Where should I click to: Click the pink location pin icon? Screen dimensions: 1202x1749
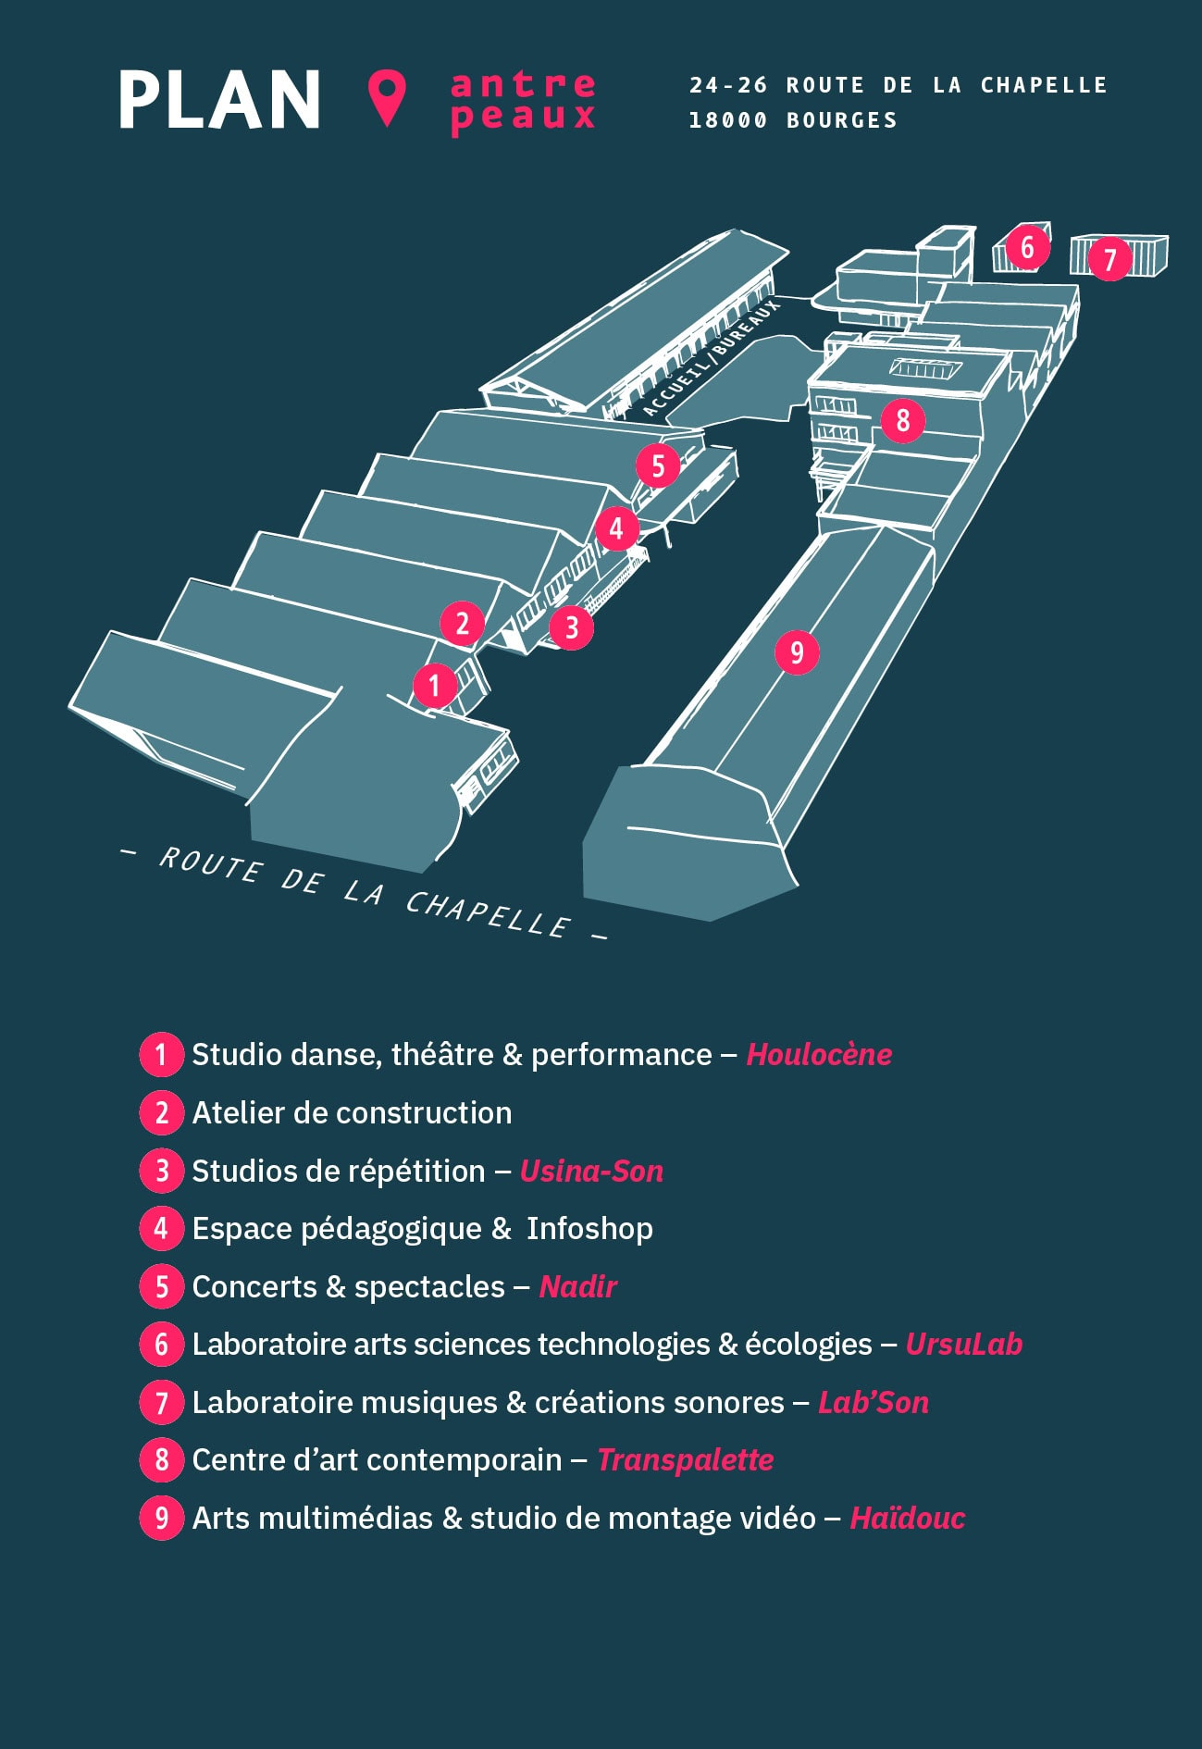(387, 97)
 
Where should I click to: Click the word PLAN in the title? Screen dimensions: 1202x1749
(220, 100)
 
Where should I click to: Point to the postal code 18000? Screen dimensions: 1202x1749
(728, 120)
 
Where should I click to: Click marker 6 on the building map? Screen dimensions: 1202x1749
(1026, 247)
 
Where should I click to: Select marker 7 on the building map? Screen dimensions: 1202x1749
(1109, 259)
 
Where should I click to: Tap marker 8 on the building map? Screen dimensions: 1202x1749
(902, 421)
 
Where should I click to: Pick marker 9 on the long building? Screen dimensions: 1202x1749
(797, 653)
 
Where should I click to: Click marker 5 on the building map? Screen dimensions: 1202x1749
(658, 465)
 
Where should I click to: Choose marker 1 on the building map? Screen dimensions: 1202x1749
(435, 686)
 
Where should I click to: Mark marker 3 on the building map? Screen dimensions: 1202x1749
(571, 627)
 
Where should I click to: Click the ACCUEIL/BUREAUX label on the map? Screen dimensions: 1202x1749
(711, 356)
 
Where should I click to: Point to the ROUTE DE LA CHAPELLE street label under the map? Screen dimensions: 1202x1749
(365, 892)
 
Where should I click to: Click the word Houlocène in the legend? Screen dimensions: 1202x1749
(819, 1055)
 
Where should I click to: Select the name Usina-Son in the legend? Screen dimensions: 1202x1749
(591, 1171)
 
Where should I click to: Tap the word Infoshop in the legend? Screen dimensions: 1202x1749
(589, 1229)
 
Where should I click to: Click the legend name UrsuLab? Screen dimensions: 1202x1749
(963, 1345)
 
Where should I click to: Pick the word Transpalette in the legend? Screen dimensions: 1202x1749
(685, 1460)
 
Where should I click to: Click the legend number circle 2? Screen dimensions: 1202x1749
(162, 1112)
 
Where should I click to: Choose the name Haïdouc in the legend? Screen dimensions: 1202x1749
(907, 1519)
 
